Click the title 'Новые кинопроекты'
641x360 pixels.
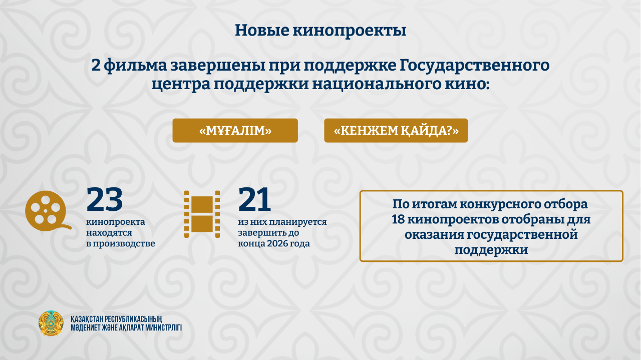click(320, 31)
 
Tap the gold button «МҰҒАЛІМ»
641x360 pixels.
click(235, 131)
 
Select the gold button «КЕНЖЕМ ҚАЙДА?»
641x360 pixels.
click(396, 131)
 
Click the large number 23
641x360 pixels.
click(105, 199)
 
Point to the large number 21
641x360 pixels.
click(254, 199)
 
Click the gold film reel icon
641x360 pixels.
click(46, 211)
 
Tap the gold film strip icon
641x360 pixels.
click(202, 214)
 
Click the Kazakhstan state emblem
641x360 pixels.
click(51, 323)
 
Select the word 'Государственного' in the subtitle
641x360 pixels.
click(474, 66)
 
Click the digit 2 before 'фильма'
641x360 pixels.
click(96, 66)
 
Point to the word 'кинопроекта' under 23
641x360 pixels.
click(116, 222)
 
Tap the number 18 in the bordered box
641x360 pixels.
click(398, 219)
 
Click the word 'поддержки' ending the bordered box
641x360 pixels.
click(491, 250)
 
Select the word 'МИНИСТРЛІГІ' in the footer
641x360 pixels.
click(163, 327)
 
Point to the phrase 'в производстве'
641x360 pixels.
click(121, 243)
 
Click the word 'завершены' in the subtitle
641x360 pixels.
click(217, 66)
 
